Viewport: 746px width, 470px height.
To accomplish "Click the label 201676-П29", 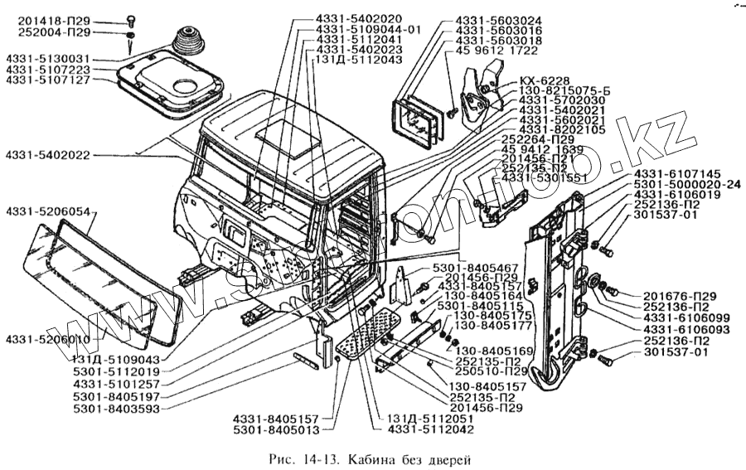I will pyautogui.click(x=680, y=296).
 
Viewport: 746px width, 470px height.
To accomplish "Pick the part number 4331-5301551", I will pyautogui.click(x=545, y=177).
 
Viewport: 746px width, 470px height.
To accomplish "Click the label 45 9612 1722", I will pyautogui.click(x=496, y=51).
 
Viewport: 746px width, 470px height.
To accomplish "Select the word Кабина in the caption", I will pyautogui.click(x=375, y=458).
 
